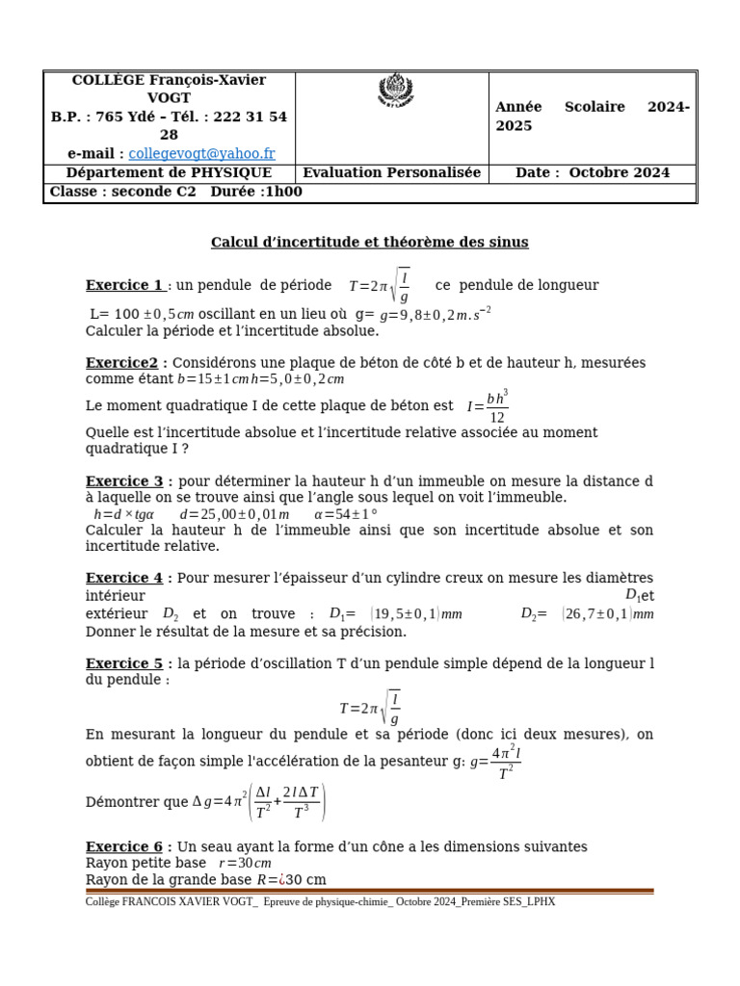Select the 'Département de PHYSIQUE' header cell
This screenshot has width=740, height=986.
tap(169, 173)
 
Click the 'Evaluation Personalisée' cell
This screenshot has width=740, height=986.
tap(392, 173)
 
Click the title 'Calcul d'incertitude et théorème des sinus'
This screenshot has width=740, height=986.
tap(370, 243)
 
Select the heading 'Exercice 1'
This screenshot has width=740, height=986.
tap(124, 285)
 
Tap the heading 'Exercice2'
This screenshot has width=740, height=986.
tap(121, 363)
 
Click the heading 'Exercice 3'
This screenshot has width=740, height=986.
tap(124, 481)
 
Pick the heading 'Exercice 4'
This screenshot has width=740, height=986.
tap(124, 579)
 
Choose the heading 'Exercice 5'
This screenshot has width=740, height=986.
tap(124, 663)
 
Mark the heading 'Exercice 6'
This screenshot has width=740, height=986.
tap(124, 847)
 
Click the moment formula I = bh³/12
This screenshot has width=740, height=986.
tap(488, 407)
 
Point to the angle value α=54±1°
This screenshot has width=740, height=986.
tap(346, 515)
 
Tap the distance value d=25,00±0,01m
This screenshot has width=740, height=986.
tap(234, 515)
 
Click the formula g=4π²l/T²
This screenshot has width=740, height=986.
tap(495, 763)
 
